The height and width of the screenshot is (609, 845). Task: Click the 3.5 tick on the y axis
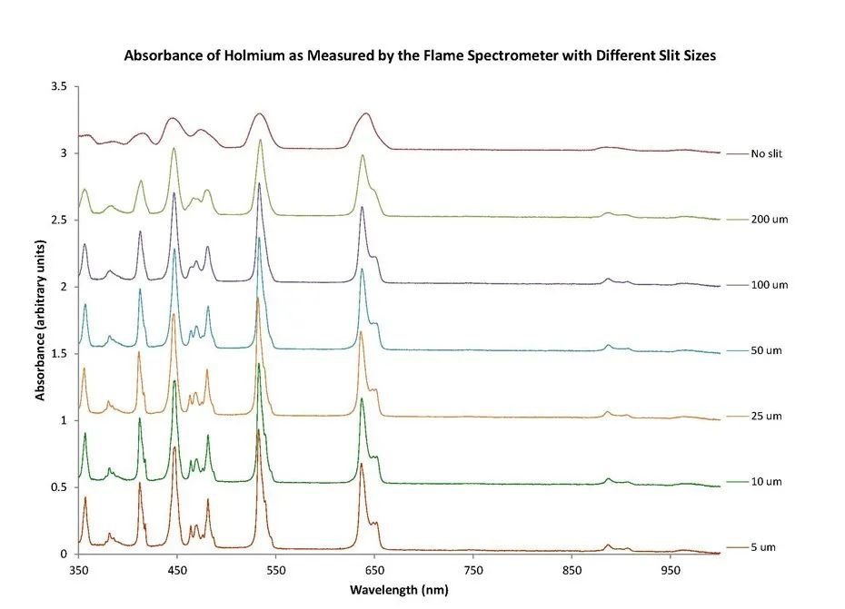point(59,87)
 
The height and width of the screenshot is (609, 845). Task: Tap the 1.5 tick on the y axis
point(59,354)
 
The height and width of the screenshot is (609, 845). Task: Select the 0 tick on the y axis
point(64,554)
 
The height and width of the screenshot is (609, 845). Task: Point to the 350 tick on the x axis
point(78,572)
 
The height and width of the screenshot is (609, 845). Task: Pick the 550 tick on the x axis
point(275,572)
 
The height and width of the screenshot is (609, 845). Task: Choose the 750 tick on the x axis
point(472,572)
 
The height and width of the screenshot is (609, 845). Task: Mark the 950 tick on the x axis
point(670,572)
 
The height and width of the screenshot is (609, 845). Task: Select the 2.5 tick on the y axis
point(59,221)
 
